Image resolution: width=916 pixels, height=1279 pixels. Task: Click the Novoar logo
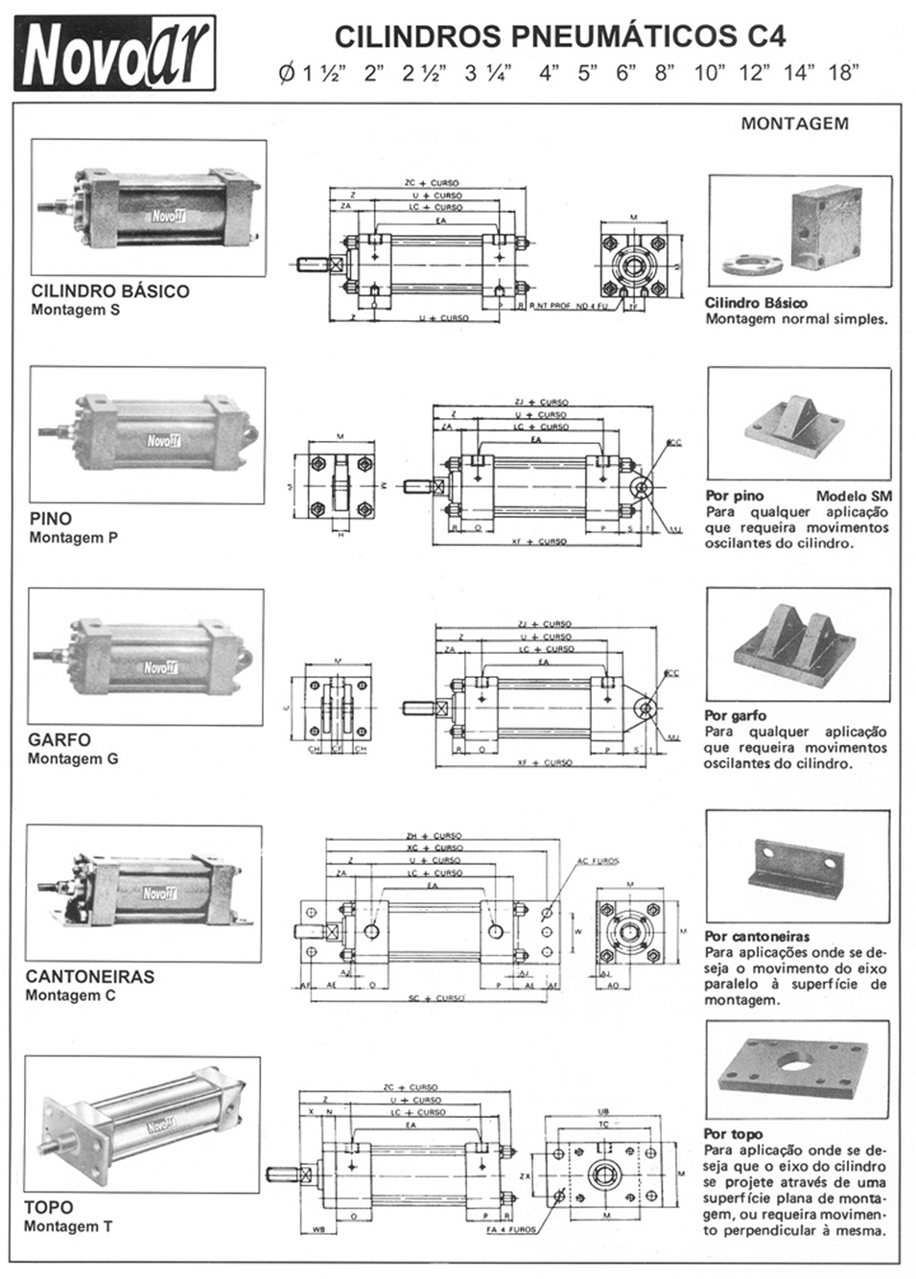(x=114, y=55)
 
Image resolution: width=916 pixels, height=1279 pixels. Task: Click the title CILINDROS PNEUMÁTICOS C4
(x=560, y=36)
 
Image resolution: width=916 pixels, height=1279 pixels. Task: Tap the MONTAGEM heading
(x=794, y=123)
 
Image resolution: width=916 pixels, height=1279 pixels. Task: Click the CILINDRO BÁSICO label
(x=110, y=291)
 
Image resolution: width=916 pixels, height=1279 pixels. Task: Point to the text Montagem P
(x=74, y=538)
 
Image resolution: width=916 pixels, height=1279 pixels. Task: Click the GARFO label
(x=59, y=739)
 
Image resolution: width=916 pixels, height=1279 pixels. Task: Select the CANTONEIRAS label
(x=90, y=976)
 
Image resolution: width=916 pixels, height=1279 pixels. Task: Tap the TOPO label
(x=48, y=1207)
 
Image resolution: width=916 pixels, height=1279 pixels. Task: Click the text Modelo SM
(x=854, y=496)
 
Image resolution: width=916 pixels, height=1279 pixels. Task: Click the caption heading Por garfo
(x=736, y=715)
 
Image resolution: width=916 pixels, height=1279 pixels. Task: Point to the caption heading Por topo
(x=733, y=1133)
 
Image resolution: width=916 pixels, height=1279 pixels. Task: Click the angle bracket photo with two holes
(x=796, y=868)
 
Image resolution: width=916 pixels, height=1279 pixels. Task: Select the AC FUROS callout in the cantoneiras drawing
(x=598, y=861)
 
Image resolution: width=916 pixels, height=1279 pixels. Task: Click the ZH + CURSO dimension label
(x=435, y=836)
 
